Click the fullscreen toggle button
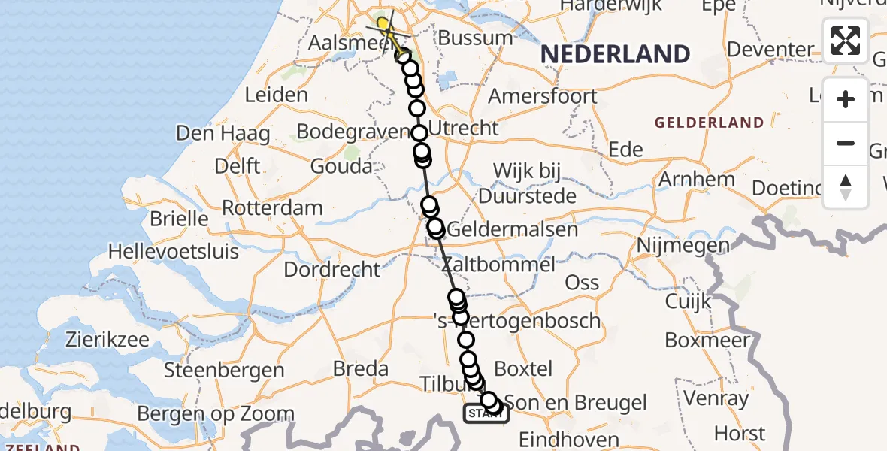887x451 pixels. click(x=846, y=41)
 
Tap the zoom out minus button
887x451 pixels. click(x=846, y=144)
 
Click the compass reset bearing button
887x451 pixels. click(x=846, y=187)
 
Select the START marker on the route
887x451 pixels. click(x=486, y=414)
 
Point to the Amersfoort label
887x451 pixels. click(x=543, y=96)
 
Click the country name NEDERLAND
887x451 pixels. click(x=615, y=54)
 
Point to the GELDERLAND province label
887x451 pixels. click(x=709, y=123)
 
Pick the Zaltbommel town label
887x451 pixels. click(x=498, y=265)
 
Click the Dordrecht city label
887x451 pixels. click(x=332, y=268)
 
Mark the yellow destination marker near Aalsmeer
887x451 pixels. click(x=383, y=24)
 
